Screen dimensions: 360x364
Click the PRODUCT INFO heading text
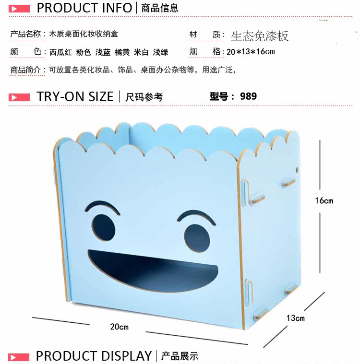84,8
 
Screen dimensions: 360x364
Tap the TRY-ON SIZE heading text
75,96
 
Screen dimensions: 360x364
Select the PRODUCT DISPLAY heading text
94,356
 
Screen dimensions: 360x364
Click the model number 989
248,96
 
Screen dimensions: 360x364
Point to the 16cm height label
324,200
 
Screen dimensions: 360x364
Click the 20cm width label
119,327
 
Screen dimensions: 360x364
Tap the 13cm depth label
296,317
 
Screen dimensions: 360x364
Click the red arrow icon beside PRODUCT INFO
19,8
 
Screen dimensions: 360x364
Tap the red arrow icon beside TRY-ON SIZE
19,97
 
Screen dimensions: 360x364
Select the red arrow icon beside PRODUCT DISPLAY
19,356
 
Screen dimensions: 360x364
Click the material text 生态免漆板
260,36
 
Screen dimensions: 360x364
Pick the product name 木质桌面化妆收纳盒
84,34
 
